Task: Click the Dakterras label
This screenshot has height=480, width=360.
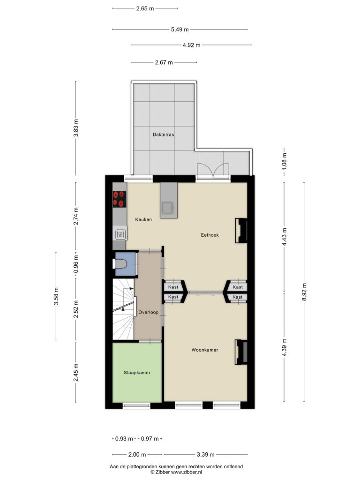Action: tap(164, 135)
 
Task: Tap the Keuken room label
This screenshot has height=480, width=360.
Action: tap(143, 219)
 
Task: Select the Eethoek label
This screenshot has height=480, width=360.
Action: tap(210, 235)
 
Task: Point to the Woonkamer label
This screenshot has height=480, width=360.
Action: tap(205, 350)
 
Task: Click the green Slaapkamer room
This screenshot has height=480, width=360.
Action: tap(137, 372)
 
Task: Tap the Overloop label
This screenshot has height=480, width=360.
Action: tap(149, 312)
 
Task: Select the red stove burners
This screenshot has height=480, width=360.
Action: tap(120, 199)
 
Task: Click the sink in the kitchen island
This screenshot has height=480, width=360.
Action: tap(168, 208)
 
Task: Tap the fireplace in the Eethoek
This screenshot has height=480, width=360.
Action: tap(240, 231)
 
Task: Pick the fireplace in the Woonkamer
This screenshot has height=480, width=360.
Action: tap(241, 352)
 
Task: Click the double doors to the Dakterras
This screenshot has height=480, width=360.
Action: tap(213, 170)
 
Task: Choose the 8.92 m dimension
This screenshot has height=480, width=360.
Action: tap(304, 292)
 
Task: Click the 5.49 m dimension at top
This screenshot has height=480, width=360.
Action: tap(180, 30)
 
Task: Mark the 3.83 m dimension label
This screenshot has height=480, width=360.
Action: tap(76, 128)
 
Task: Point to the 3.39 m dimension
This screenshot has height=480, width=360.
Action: tap(205, 455)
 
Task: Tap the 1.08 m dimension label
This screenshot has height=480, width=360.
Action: tap(285, 162)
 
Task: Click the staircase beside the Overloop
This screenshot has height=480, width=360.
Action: tap(123, 309)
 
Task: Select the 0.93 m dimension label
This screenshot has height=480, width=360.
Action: tap(124, 439)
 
